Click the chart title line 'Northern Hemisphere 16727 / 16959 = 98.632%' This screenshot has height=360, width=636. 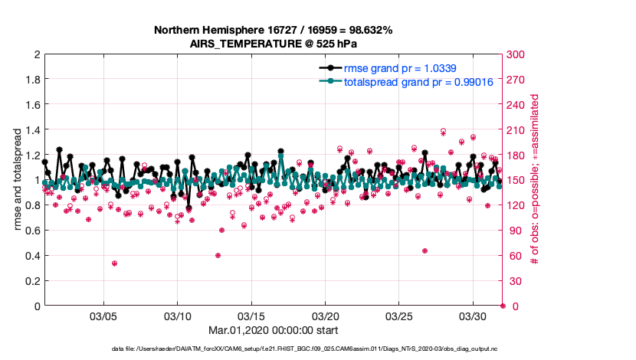click(x=274, y=30)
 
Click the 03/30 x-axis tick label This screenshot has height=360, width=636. click(x=473, y=316)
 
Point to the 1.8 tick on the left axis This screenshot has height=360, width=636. click(x=32, y=80)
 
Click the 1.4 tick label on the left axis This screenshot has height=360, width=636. click(x=32, y=130)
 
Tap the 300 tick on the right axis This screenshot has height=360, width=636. click(x=515, y=54)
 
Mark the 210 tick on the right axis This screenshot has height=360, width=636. click(x=515, y=130)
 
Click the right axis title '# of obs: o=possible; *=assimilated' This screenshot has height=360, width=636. click(x=534, y=181)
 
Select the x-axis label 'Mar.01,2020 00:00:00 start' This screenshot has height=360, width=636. click(x=274, y=332)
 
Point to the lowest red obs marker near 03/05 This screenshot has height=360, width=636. click(x=114, y=263)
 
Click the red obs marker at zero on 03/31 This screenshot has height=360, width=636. click(x=502, y=306)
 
